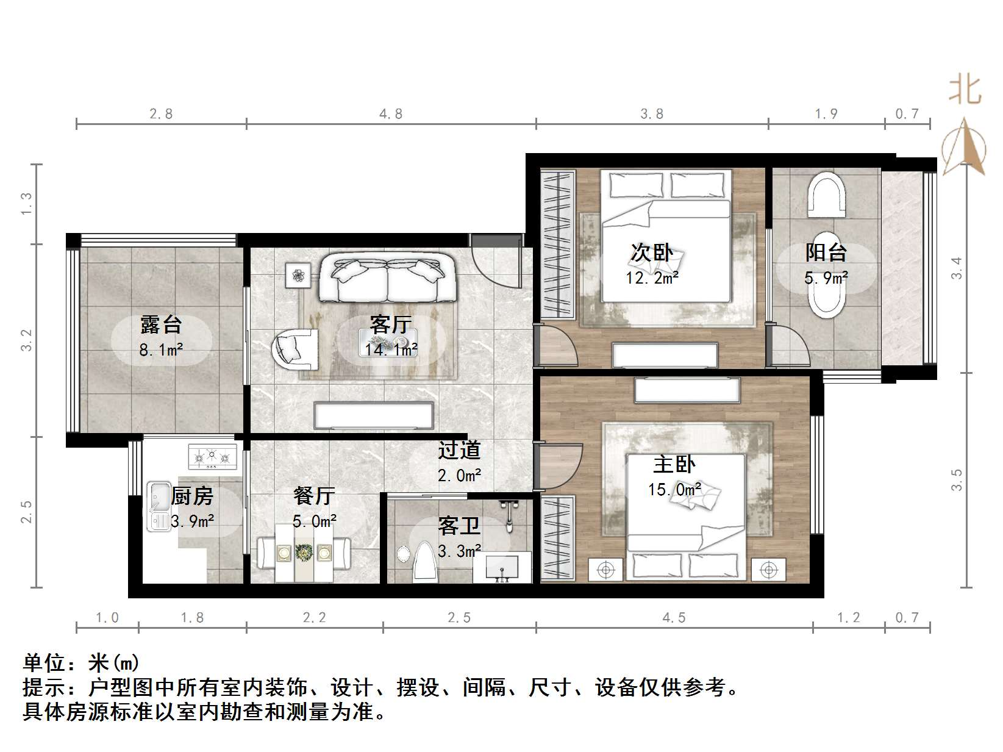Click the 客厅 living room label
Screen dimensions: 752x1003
coord(391,324)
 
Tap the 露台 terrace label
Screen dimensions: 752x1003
coord(161,324)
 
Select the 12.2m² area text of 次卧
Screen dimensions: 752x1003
coord(652,278)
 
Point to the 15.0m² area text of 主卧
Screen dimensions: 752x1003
coord(674,490)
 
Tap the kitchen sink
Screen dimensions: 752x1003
coord(159,506)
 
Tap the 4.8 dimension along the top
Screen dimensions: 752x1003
coord(391,114)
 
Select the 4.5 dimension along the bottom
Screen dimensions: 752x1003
coord(674,618)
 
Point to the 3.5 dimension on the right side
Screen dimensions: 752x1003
coord(957,480)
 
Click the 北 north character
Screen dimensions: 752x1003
coord(965,90)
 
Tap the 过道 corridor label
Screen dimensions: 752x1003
coord(459,450)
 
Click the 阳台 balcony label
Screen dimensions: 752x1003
coord(826,252)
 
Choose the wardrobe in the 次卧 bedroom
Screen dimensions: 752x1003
coord(557,245)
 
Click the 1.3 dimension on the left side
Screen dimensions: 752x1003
coord(26,203)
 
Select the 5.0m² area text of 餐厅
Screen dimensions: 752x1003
coord(314,521)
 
